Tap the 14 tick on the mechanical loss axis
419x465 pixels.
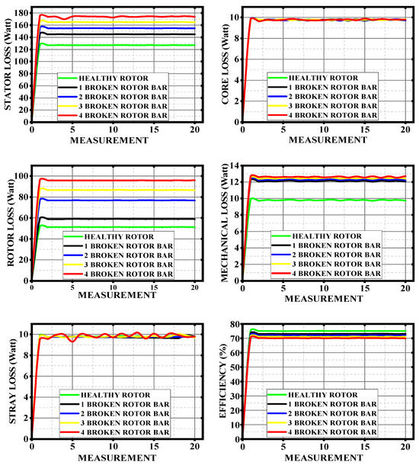tap(237, 167)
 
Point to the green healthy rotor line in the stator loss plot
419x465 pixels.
tap(114, 45)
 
